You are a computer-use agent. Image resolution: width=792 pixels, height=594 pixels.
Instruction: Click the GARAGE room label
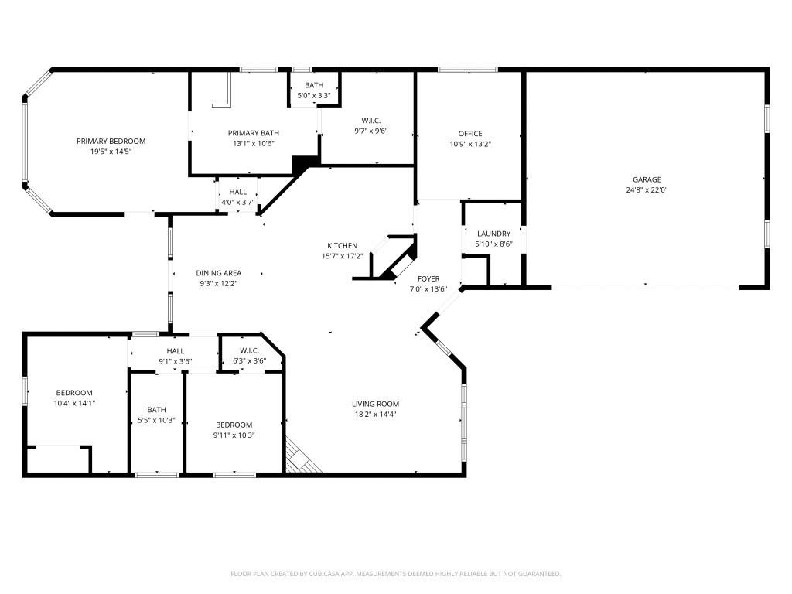click(647, 179)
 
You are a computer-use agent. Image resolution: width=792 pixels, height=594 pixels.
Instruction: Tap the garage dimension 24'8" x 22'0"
click(647, 189)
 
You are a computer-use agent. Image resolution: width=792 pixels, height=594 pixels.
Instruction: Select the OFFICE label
click(470, 134)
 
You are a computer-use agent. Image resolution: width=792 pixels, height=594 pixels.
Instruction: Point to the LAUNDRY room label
click(493, 234)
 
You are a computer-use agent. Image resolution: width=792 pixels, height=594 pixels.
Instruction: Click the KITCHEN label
click(342, 246)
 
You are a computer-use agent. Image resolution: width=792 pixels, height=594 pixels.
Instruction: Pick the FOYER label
click(428, 278)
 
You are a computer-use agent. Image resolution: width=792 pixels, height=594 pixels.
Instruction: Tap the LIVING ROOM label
click(375, 404)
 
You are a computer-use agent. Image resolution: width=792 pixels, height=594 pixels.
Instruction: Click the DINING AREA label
click(218, 273)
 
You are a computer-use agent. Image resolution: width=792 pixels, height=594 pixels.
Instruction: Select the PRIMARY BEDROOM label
click(111, 141)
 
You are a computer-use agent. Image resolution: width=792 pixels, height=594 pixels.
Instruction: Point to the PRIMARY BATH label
click(254, 133)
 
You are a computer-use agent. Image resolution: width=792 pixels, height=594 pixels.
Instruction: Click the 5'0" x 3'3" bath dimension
click(314, 95)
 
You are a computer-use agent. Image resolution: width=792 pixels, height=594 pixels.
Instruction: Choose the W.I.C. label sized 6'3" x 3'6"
click(249, 350)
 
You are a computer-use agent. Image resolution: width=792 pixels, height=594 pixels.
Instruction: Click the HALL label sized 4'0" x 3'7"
click(238, 192)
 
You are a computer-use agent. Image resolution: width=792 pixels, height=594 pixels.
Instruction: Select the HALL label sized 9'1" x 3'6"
click(176, 350)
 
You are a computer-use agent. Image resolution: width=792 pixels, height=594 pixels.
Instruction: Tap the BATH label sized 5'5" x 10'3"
click(157, 410)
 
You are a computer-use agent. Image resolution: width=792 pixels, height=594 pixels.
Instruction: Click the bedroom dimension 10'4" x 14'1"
click(74, 403)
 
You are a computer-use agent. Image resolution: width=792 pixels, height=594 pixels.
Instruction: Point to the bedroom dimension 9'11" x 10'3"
click(235, 435)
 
